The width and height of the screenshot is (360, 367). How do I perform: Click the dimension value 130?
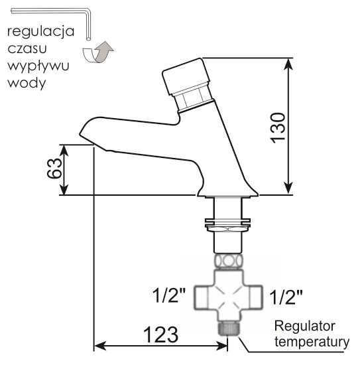pos(278,128)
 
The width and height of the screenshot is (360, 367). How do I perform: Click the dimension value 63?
pos(54,169)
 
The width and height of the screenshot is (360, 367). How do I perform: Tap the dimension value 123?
pos(161,334)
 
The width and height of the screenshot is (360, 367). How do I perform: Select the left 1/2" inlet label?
pos(169,295)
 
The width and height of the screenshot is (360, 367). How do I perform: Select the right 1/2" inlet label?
pos(286,297)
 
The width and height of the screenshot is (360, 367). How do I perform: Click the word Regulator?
pos(305,327)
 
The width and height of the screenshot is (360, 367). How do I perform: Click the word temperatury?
pos(312,342)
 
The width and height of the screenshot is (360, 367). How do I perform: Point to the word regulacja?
pos(40,32)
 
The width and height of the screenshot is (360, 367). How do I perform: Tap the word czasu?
pos(27,48)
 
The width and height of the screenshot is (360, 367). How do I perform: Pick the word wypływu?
pos(38,66)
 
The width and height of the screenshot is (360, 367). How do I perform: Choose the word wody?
pos(27,84)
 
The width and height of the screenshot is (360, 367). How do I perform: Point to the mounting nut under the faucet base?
pos(227,226)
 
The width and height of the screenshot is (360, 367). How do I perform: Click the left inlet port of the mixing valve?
pos(202,297)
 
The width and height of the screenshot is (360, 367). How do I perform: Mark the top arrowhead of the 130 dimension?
pos(288,64)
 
